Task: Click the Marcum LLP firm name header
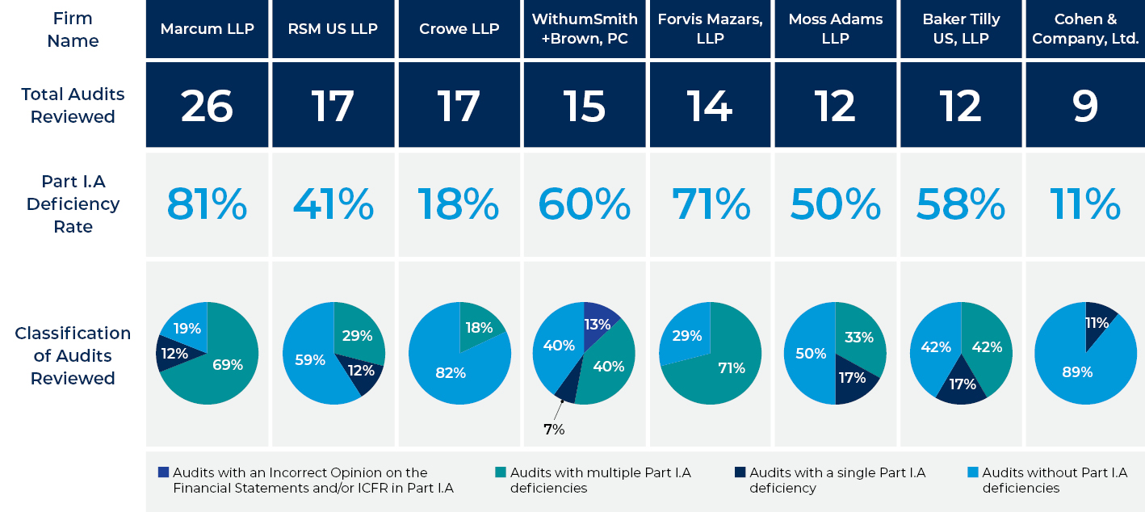pos(207,29)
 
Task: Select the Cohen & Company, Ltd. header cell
pos(1085,29)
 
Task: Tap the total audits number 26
pos(207,105)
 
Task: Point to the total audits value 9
pos(1085,105)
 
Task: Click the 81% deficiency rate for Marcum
pos(207,204)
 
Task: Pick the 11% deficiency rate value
pos(1085,204)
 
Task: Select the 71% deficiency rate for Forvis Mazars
pos(710,204)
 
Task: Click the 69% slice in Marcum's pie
pos(226,365)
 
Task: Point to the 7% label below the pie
pos(553,430)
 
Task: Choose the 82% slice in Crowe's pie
pos(451,371)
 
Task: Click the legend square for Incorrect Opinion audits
pos(164,472)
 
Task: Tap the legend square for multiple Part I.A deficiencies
pos(501,472)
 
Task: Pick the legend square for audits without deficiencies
pos(972,472)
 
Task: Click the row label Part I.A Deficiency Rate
pos(73,204)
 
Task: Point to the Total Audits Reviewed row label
pos(73,105)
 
